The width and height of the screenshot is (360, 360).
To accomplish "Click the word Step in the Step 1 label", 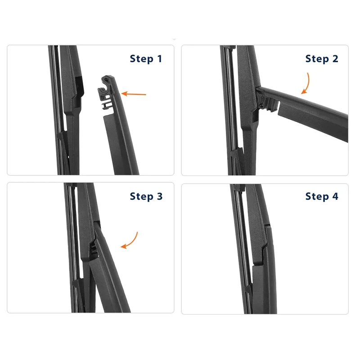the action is [141, 59].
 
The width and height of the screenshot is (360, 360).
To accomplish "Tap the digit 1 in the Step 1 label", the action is [160, 58].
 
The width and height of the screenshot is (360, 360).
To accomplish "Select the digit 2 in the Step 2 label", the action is [335, 58].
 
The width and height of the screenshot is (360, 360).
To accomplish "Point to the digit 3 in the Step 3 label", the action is [160, 196].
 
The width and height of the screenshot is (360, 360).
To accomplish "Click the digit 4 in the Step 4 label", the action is [335, 196].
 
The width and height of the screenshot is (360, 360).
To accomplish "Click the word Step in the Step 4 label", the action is [317, 197].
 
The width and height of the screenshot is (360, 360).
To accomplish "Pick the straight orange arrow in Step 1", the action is [134, 94].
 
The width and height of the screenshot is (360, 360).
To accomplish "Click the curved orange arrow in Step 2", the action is [306, 84].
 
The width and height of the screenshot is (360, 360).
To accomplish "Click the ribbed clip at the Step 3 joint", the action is [94, 249].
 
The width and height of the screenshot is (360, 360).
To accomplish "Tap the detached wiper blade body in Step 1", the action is [121, 142].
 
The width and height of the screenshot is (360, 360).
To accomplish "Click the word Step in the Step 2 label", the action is [317, 59].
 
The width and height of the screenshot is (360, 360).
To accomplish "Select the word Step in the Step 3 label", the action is [141, 197].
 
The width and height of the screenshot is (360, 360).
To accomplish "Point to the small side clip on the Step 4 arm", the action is [248, 290].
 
